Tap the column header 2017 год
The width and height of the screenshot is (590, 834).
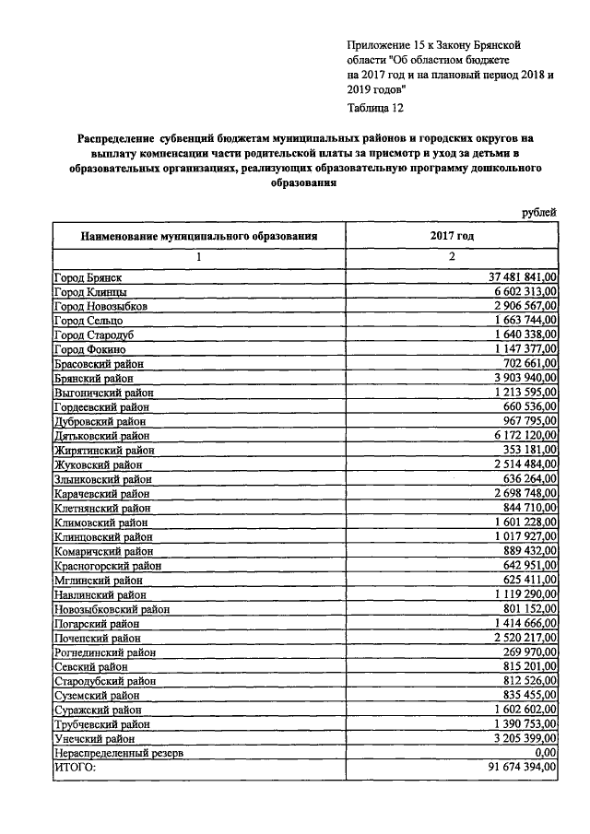pos(452,236)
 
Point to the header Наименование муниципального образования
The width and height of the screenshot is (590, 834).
pos(199,236)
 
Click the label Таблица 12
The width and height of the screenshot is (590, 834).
pos(376,108)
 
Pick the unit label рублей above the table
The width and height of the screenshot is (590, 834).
pos(539,213)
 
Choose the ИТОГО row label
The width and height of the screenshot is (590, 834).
pos(76,767)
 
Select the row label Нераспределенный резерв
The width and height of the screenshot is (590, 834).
pos(119,753)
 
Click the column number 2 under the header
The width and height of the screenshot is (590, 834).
pos(452,256)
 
